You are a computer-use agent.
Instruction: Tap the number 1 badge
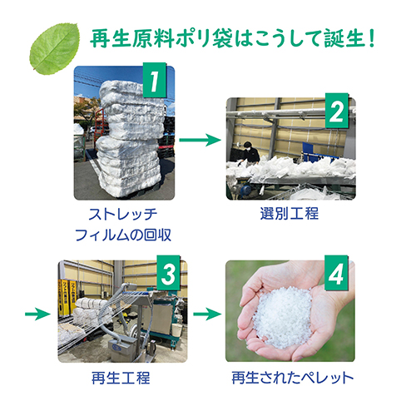click(153, 82)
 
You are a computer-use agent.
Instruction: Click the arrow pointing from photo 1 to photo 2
click(201, 141)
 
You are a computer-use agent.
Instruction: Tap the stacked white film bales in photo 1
click(125, 133)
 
